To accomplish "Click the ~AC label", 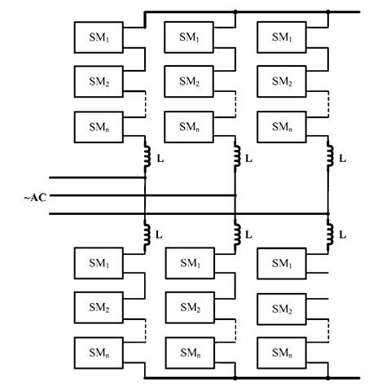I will (33, 196).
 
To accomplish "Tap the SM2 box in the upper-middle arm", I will (190, 81).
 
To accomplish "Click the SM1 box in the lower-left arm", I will (98, 263).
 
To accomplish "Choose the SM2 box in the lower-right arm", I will (282, 309).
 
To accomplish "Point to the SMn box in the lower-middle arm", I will (190, 353).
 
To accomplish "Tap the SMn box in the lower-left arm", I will (98, 353).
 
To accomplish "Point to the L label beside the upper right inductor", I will (342, 159).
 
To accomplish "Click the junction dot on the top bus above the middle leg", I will (236, 12).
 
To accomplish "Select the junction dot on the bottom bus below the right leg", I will (328, 379).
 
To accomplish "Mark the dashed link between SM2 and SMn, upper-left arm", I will (144, 104).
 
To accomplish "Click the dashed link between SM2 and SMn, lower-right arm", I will (328, 331).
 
